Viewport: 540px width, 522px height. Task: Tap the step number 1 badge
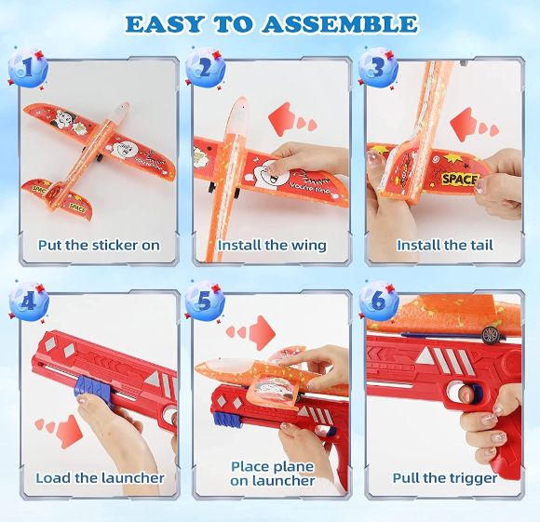[x=28, y=68]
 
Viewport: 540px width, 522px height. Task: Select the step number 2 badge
[x=205, y=68]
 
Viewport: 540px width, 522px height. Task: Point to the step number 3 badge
[x=378, y=68]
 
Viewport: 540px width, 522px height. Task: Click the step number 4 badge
[x=28, y=301]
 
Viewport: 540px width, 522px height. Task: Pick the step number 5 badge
[x=205, y=301]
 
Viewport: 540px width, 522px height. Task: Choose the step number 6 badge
[x=378, y=301]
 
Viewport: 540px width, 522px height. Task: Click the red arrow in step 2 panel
[x=292, y=120]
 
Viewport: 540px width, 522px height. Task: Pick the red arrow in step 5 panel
[x=250, y=332]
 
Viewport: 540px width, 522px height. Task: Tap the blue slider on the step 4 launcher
[x=90, y=387]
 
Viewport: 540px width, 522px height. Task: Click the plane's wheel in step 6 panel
[x=489, y=334]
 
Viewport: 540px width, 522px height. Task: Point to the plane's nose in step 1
[x=123, y=107]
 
